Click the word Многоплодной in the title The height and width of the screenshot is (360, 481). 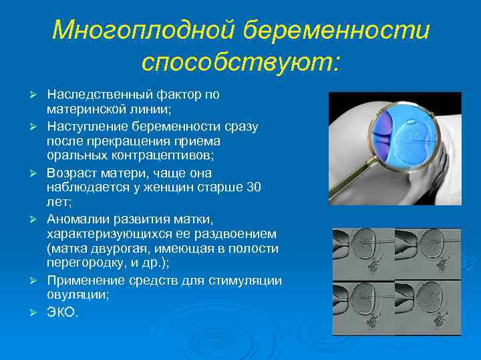coord(142,30)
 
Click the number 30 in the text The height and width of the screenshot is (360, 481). coord(253,187)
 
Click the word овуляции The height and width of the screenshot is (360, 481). coord(75,295)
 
